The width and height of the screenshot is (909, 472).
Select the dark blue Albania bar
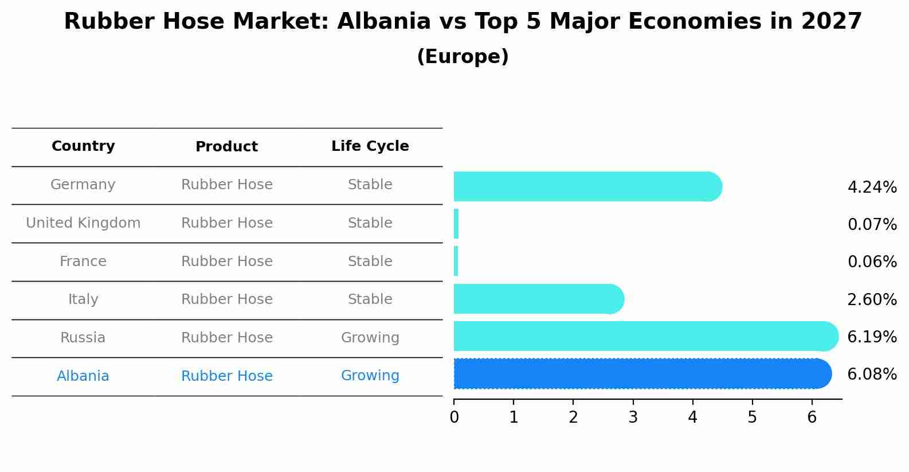point(642,374)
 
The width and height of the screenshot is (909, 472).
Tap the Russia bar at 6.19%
point(645,336)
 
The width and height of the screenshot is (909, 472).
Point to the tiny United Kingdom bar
point(456,224)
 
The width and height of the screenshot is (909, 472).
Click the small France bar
point(456,261)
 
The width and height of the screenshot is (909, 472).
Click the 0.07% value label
point(872,225)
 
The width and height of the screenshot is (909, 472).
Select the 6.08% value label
point(872,375)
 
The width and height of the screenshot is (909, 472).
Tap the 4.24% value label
point(872,188)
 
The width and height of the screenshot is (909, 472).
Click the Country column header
point(83,146)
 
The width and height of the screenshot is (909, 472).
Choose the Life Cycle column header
point(370,146)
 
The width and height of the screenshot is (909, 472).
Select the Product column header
point(226,147)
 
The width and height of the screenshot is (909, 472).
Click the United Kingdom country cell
point(83,223)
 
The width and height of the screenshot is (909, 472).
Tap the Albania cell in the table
point(83,376)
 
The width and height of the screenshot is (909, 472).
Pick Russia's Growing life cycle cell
point(370,338)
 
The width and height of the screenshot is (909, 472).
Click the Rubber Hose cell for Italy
point(226,299)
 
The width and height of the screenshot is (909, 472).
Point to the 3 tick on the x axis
point(633,418)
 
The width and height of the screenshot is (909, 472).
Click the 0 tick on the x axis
point(454,418)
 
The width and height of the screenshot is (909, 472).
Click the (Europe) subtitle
point(463,57)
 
